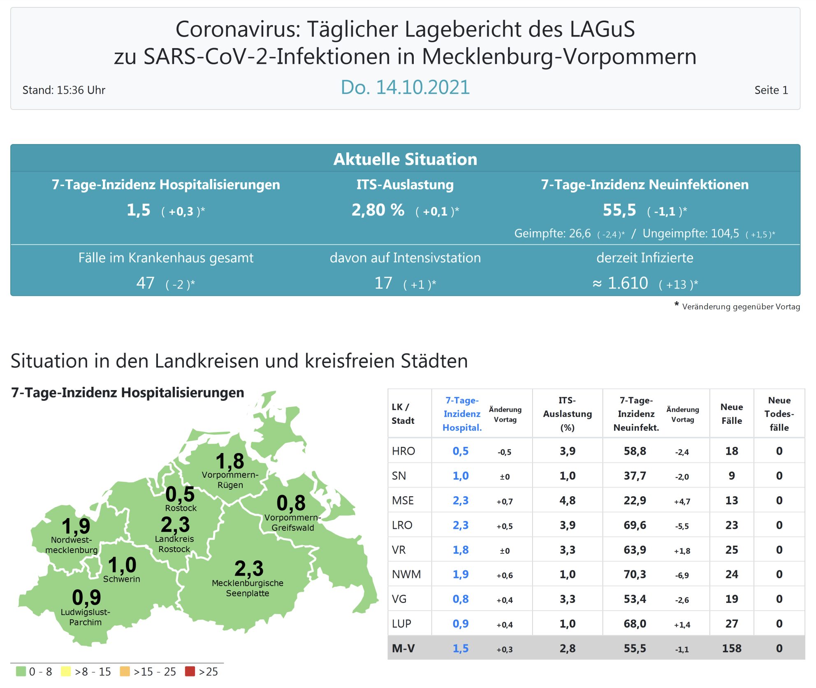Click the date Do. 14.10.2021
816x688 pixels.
point(405,87)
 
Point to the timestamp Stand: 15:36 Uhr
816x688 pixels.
point(64,90)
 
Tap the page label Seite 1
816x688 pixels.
point(771,90)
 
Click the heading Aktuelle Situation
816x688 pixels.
point(405,159)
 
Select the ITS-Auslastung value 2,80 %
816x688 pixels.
point(378,210)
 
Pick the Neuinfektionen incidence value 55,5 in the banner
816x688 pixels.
point(619,210)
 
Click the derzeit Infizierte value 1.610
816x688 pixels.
point(628,283)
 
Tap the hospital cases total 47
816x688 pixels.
point(145,283)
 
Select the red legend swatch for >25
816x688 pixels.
point(190,672)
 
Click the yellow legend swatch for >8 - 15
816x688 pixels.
point(66,672)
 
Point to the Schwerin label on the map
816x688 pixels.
point(121,579)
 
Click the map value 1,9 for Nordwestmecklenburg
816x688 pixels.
point(76,526)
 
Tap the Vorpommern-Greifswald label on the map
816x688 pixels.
point(292,523)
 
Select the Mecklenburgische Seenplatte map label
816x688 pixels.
point(248,588)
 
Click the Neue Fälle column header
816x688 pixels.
point(731,414)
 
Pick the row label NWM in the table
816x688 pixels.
point(406,574)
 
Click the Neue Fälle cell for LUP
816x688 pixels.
point(731,624)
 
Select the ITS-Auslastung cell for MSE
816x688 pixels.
point(567,500)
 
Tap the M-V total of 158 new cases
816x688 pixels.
point(731,648)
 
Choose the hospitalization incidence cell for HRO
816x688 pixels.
point(461,451)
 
